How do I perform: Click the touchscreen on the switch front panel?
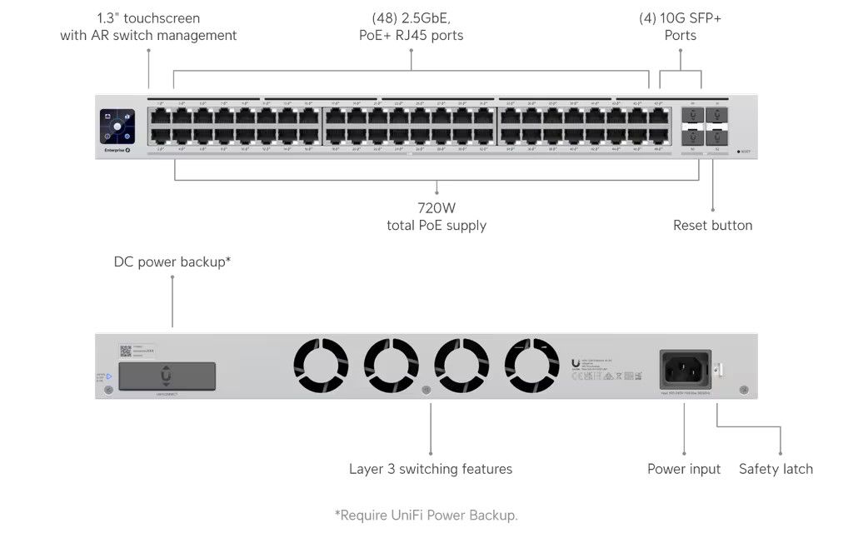(117, 127)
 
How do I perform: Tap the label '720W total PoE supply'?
(436, 217)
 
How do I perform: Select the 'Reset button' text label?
(712, 225)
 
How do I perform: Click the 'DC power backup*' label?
(172, 262)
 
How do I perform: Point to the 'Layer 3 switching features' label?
(431, 469)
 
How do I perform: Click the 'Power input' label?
(684, 469)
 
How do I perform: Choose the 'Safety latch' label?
(776, 469)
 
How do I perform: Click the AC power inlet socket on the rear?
(685, 367)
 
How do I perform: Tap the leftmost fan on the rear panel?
(321, 365)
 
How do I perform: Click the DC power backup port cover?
(167, 376)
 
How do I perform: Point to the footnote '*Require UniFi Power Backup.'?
(426, 516)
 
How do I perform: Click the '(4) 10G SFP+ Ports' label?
(681, 27)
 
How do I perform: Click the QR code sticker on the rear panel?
(126, 351)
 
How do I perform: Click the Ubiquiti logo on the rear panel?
(576, 362)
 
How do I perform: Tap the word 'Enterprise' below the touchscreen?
(113, 149)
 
